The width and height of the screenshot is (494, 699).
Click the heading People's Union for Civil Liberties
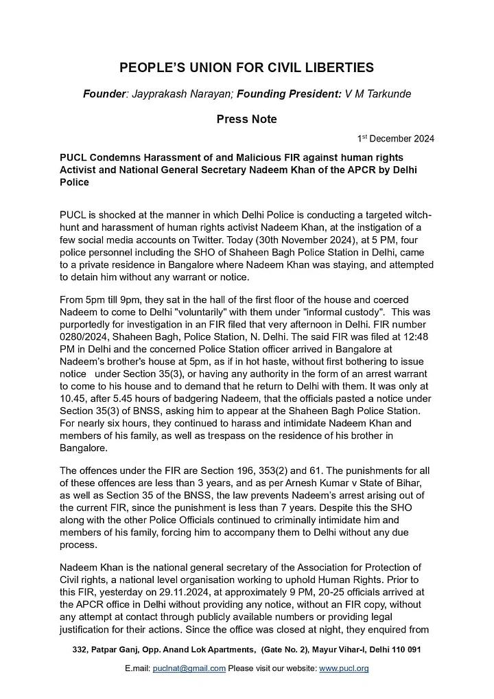(x=246, y=67)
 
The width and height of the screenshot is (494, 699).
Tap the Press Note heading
(x=246, y=119)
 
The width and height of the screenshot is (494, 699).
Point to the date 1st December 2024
(x=396, y=139)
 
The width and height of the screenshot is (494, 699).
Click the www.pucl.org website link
(x=344, y=668)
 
